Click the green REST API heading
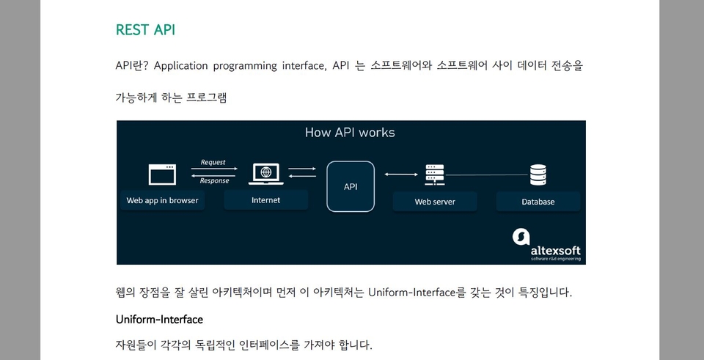(x=145, y=30)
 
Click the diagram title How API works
(x=350, y=133)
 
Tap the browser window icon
(x=162, y=175)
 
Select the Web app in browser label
(x=162, y=200)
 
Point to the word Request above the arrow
(x=213, y=163)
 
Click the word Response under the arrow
(x=214, y=181)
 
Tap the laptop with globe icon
(x=265, y=174)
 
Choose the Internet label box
(x=265, y=200)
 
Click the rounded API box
(x=351, y=186)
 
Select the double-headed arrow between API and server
(x=401, y=175)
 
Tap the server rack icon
(x=435, y=175)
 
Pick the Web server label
(x=435, y=202)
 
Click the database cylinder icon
(x=538, y=175)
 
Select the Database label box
(x=538, y=202)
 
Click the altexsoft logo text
(x=557, y=249)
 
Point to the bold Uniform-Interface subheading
(x=159, y=320)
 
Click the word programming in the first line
(x=244, y=66)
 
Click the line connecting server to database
(x=488, y=175)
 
